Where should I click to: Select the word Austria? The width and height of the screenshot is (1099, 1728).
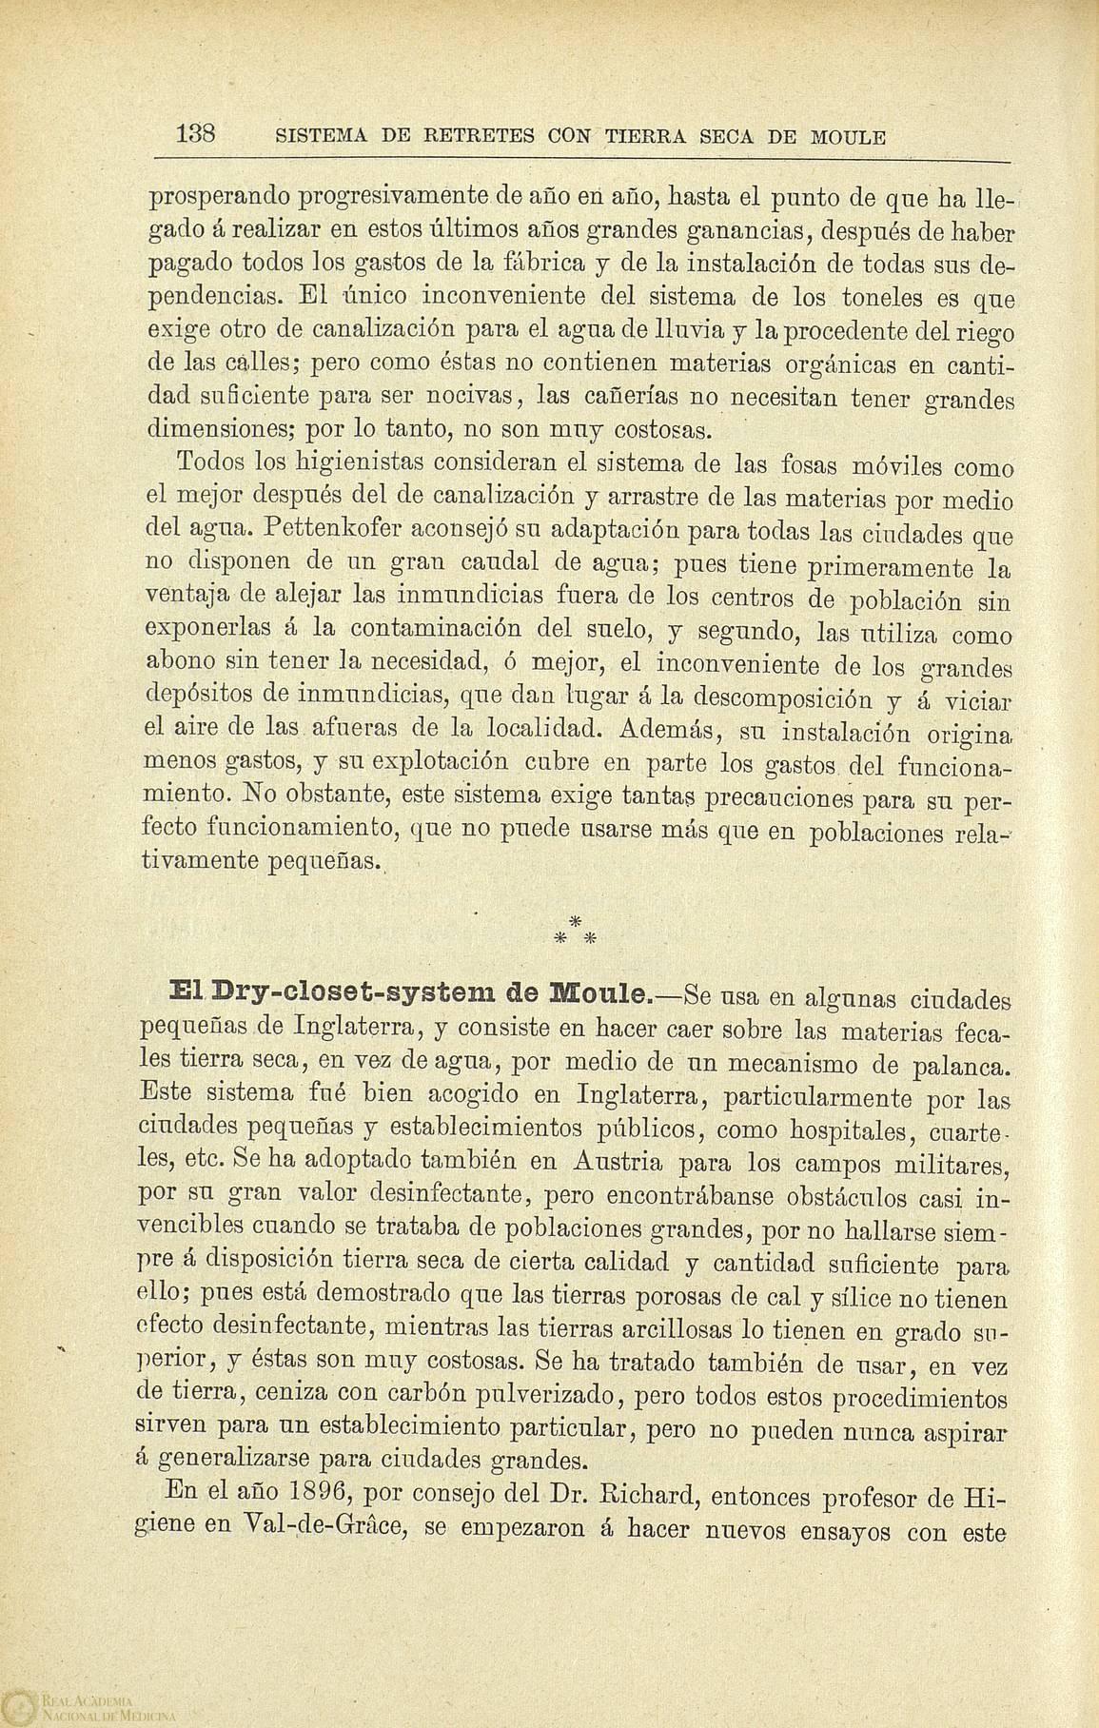629,1162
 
